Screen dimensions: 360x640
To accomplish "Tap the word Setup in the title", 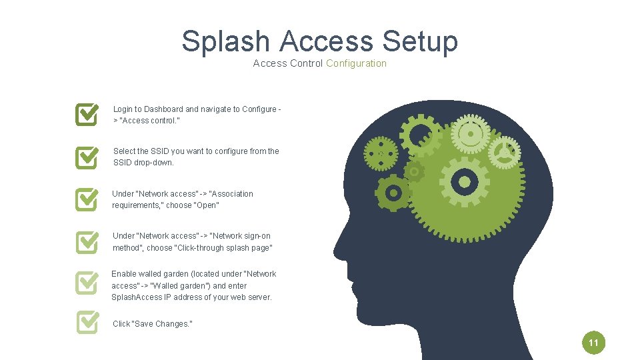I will point(420,41).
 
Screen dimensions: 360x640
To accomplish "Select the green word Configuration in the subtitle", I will point(356,63).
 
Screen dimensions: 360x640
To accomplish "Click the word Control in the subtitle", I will point(306,63).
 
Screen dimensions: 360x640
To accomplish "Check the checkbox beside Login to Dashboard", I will point(87,114).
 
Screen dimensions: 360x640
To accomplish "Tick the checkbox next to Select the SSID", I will point(87,157).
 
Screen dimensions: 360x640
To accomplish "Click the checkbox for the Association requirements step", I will point(87,199).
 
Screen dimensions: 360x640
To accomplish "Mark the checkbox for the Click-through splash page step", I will point(87,241).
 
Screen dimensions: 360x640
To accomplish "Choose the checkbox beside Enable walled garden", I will point(87,283).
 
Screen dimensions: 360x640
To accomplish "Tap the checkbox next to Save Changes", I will point(87,323).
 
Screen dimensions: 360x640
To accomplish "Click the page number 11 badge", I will point(593,344).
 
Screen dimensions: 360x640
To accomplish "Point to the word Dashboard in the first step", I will point(163,109).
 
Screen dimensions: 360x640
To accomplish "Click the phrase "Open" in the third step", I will point(207,205).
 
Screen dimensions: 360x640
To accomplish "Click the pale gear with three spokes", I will point(504,153).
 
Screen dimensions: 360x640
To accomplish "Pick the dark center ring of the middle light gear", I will point(465,181).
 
